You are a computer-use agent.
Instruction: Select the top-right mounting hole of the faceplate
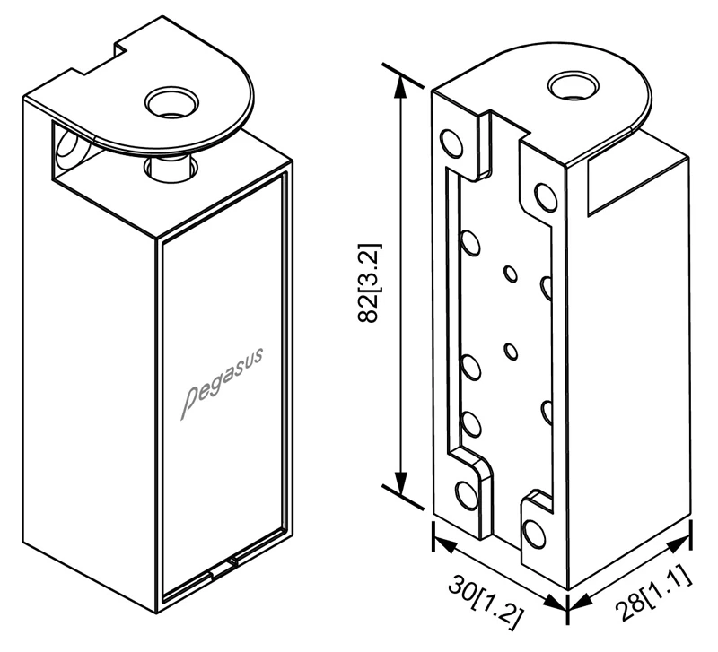[544, 196]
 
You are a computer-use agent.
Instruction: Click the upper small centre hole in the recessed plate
[511, 274]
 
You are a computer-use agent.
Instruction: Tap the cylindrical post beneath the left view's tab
[169, 166]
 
